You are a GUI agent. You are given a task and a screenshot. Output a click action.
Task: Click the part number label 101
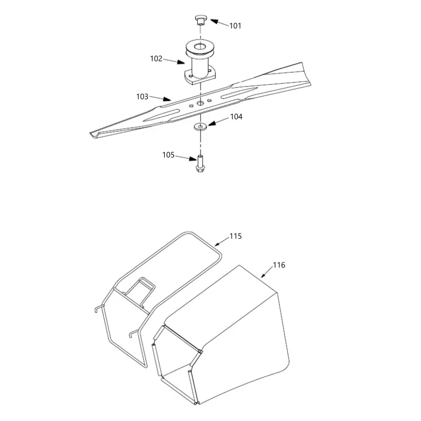click(235, 26)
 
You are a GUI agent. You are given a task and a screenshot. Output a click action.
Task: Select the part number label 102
click(156, 58)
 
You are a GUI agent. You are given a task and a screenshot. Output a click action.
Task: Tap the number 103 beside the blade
click(142, 96)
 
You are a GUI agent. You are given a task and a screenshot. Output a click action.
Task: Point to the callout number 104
click(236, 116)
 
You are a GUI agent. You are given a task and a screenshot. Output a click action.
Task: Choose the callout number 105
click(168, 155)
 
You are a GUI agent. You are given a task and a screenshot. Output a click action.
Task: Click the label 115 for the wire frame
click(235, 236)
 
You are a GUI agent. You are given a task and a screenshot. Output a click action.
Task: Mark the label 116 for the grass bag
click(279, 265)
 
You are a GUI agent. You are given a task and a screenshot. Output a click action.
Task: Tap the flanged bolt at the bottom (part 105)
click(200, 164)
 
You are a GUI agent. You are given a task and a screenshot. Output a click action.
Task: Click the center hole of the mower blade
click(201, 103)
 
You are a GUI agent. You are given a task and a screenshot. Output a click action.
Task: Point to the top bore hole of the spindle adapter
click(199, 47)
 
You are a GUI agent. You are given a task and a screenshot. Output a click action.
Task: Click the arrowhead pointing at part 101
click(214, 21)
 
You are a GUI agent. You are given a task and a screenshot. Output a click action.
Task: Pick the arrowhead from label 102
click(181, 62)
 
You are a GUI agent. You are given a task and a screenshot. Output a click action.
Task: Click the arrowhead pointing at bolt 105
click(193, 159)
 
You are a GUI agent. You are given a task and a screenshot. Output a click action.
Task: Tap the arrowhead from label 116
click(263, 275)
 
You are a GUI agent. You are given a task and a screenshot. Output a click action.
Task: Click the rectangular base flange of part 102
click(200, 77)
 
